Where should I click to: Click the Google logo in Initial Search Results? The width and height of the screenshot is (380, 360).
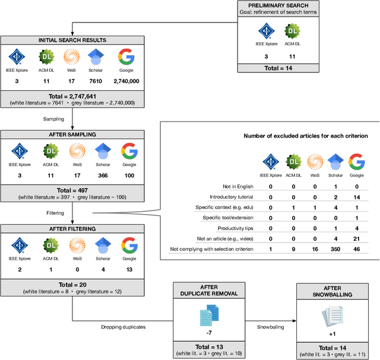pyautogui.click(x=125, y=58)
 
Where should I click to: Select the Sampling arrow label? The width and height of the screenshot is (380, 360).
pyautogui.click(x=53, y=119)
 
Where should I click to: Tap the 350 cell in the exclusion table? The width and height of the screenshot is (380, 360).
pyautogui.click(x=335, y=250)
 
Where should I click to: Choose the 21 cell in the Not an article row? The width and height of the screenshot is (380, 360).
pyautogui.click(x=356, y=239)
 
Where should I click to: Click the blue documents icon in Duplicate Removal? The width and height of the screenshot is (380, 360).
pyautogui.click(x=208, y=313)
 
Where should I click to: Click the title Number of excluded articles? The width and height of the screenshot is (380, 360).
pyautogui.click(x=306, y=136)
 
